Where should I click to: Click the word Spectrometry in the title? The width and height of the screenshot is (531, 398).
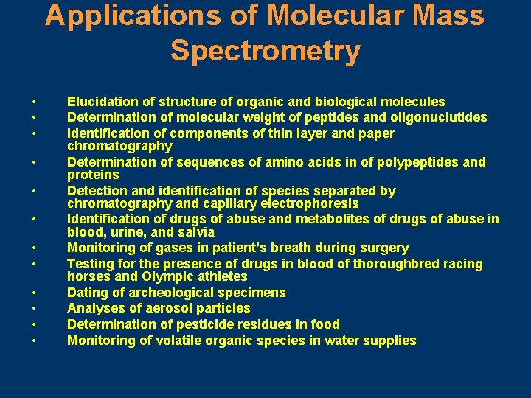click(x=265, y=51)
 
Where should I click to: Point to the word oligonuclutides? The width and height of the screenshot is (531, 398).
click(x=441, y=117)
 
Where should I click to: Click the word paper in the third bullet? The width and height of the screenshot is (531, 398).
click(x=375, y=133)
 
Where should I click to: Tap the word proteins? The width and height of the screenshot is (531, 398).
click(x=93, y=175)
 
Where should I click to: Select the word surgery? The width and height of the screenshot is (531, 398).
click(x=384, y=248)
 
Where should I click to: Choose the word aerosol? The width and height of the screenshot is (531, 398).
click(x=167, y=308)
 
